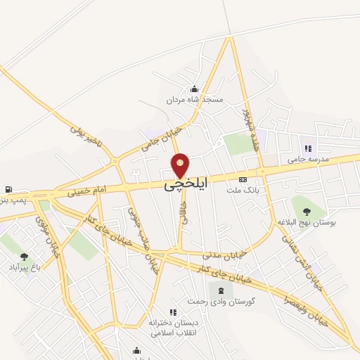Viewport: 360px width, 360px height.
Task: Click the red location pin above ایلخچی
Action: [181, 166]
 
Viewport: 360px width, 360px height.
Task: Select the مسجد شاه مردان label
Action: [195, 100]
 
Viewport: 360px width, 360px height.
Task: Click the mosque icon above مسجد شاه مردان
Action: [195, 89]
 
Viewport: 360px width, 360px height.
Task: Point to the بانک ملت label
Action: [243, 190]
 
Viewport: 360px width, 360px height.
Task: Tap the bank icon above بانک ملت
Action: [243, 179]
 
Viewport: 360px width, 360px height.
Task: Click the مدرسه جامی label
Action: [307, 160]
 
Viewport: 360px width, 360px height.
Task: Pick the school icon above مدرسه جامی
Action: [307, 148]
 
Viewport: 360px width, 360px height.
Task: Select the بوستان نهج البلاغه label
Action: [307, 221]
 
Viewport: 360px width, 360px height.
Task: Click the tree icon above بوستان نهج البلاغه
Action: [306, 210]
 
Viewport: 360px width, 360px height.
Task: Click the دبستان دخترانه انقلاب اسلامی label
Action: [172, 328]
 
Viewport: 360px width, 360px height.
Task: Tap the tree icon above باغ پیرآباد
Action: [25, 257]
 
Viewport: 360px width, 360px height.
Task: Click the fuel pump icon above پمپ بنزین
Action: [8, 189]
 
